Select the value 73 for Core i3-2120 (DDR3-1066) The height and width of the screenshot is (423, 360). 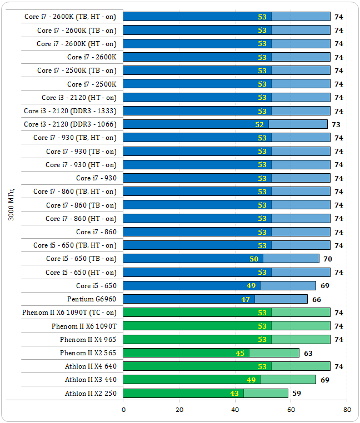[336, 124]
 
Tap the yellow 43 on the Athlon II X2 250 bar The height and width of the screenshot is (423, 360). [234, 394]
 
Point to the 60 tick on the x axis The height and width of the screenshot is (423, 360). [291, 410]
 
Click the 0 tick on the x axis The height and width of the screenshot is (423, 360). [123, 410]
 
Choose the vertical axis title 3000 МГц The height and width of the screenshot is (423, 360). [12, 205]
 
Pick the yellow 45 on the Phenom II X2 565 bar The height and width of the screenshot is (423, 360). [240, 353]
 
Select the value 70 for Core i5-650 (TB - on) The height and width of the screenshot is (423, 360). [328, 259]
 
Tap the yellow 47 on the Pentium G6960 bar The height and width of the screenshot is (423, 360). [246, 299]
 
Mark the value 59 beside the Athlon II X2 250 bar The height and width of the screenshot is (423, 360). [297, 394]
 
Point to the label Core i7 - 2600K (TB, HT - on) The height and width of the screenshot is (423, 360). [71, 17]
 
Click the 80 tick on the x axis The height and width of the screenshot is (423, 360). [347, 410]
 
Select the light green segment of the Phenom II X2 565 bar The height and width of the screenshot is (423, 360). [274, 353]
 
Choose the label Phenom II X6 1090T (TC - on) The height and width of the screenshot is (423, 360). [69, 313]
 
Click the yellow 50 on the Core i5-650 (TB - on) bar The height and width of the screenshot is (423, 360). [254, 259]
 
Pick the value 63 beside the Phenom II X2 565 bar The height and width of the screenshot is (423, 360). [308, 353]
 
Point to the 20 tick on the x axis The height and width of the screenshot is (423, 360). [179, 410]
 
